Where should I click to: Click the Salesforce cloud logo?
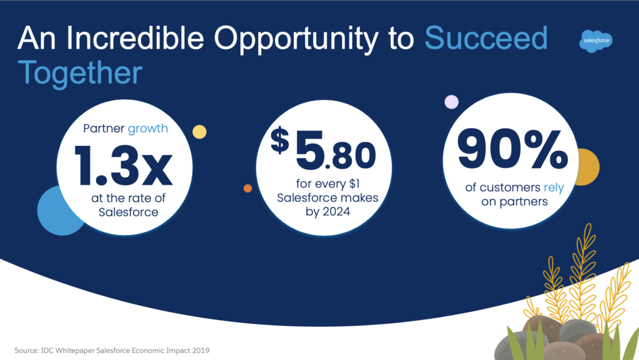(x=595, y=41)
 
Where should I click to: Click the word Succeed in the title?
(x=485, y=38)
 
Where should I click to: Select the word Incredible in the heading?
(x=135, y=38)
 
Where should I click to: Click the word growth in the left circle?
(x=148, y=129)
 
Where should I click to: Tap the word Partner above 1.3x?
(x=104, y=129)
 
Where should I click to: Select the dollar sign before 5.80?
(x=280, y=140)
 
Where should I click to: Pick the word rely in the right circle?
(x=554, y=187)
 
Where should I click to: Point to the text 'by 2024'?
(x=328, y=212)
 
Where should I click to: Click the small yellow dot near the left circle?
(x=199, y=132)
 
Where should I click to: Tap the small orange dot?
(x=248, y=188)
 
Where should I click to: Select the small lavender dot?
(x=452, y=102)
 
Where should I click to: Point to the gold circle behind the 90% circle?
(x=589, y=167)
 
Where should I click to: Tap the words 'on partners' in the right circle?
(x=514, y=202)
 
